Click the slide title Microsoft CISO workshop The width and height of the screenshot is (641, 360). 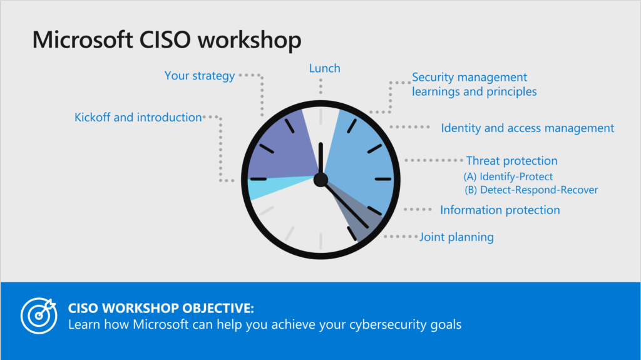[x=167, y=40]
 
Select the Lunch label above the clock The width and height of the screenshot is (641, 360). [x=325, y=68]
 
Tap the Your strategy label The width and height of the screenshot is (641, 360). [x=200, y=76]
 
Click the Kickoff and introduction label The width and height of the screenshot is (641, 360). [x=138, y=118]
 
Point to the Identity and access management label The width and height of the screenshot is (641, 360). [x=527, y=128]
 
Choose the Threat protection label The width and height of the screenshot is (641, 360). [x=512, y=161]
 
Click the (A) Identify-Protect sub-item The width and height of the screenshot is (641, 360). [x=508, y=177]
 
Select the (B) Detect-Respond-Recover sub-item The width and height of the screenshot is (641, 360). [x=531, y=190]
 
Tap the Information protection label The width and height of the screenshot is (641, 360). [x=500, y=210]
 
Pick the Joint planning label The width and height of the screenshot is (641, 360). [x=456, y=237]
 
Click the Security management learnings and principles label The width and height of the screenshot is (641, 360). [x=474, y=85]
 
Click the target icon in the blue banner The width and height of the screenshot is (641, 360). [x=39, y=316]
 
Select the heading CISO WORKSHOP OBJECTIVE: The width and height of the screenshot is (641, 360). [x=161, y=308]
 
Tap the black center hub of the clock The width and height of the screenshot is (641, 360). [x=320, y=180]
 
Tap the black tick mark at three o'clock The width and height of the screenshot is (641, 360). [x=383, y=179]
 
